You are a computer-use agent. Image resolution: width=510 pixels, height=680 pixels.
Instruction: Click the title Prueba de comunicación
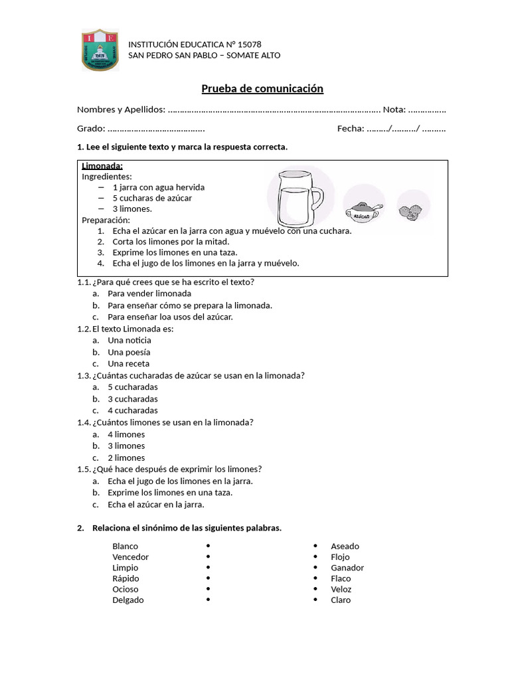pyautogui.click(x=262, y=88)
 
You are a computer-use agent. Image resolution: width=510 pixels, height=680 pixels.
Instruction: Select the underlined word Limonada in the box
pyautogui.click(x=102, y=166)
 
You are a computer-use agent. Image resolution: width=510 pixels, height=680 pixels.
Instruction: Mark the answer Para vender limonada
pyautogui.click(x=149, y=294)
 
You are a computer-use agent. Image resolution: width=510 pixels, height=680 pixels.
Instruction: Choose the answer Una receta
pyautogui.click(x=128, y=364)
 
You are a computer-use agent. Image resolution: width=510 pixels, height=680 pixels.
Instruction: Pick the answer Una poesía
pyautogui.click(x=129, y=352)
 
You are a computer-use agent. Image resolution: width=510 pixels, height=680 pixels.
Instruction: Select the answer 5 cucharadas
pyautogui.click(x=132, y=387)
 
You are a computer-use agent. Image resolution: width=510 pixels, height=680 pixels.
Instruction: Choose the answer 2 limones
pyautogui.click(x=126, y=458)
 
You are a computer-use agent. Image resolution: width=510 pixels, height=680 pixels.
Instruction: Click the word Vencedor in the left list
pyautogui.click(x=130, y=557)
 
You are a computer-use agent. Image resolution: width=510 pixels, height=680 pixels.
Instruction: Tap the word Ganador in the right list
pyautogui.click(x=347, y=568)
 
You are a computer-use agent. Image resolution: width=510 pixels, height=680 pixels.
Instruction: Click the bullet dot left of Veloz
pyautogui.click(x=315, y=589)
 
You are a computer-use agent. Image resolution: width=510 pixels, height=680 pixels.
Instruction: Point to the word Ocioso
pyautogui.click(x=126, y=589)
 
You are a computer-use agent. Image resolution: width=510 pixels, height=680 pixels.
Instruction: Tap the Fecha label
pyautogui.click(x=350, y=129)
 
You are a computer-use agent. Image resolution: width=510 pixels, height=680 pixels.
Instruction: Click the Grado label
pyautogui.click(x=90, y=129)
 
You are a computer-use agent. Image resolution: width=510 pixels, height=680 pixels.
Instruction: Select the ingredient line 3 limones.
pyautogui.click(x=132, y=209)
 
